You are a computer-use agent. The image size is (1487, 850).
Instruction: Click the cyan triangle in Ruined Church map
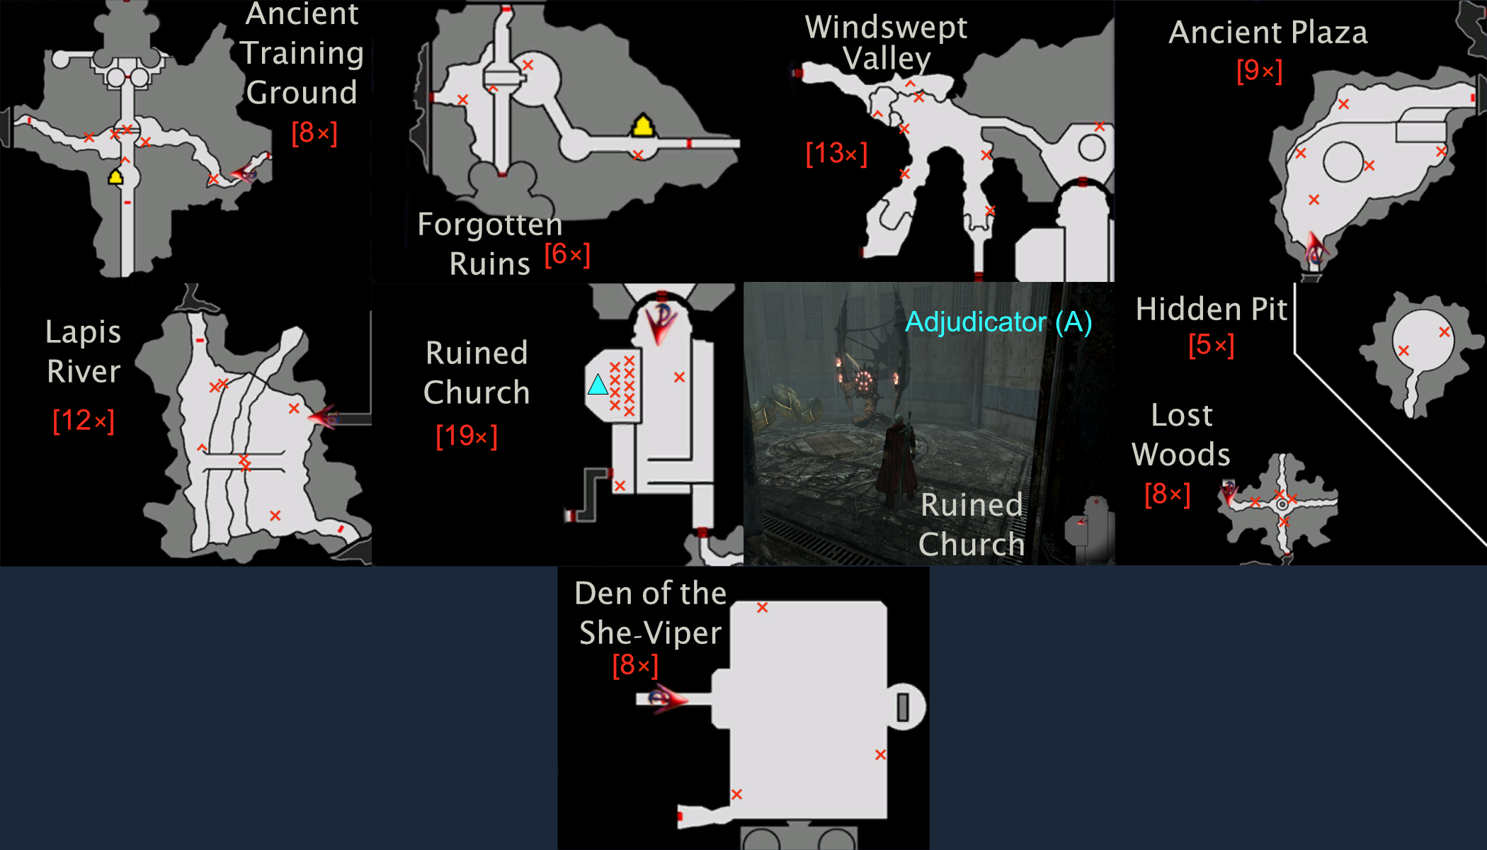tap(598, 385)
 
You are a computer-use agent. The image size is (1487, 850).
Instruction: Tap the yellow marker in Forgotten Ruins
tap(643, 125)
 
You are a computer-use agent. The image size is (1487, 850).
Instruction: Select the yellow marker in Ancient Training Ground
tap(115, 176)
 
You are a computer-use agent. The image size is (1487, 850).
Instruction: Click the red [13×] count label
tap(836, 153)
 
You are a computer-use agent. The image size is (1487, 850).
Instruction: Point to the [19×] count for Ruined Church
tap(467, 436)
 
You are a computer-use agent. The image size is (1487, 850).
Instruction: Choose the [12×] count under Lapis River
tap(84, 421)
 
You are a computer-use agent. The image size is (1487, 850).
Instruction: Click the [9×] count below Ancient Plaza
tap(1259, 71)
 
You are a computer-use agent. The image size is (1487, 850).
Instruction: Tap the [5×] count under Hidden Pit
tap(1212, 345)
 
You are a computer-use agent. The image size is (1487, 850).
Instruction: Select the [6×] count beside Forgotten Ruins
tap(567, 254)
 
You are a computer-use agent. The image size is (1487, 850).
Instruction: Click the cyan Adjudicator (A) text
tap(998, 322)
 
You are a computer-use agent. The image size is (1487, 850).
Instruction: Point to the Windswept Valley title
tap(886, 42)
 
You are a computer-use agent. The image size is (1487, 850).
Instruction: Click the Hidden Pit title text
tap(1212, 309)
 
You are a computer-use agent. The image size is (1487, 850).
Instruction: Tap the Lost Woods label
tap(1181, 434)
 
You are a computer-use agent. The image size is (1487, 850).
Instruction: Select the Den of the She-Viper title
tap(651, 613)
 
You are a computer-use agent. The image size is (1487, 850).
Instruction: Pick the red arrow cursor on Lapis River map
tap(324, 416)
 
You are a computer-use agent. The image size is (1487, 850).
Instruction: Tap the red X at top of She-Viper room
tap(762, 607)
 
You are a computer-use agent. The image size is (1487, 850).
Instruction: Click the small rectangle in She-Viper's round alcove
tap(903, 707)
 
